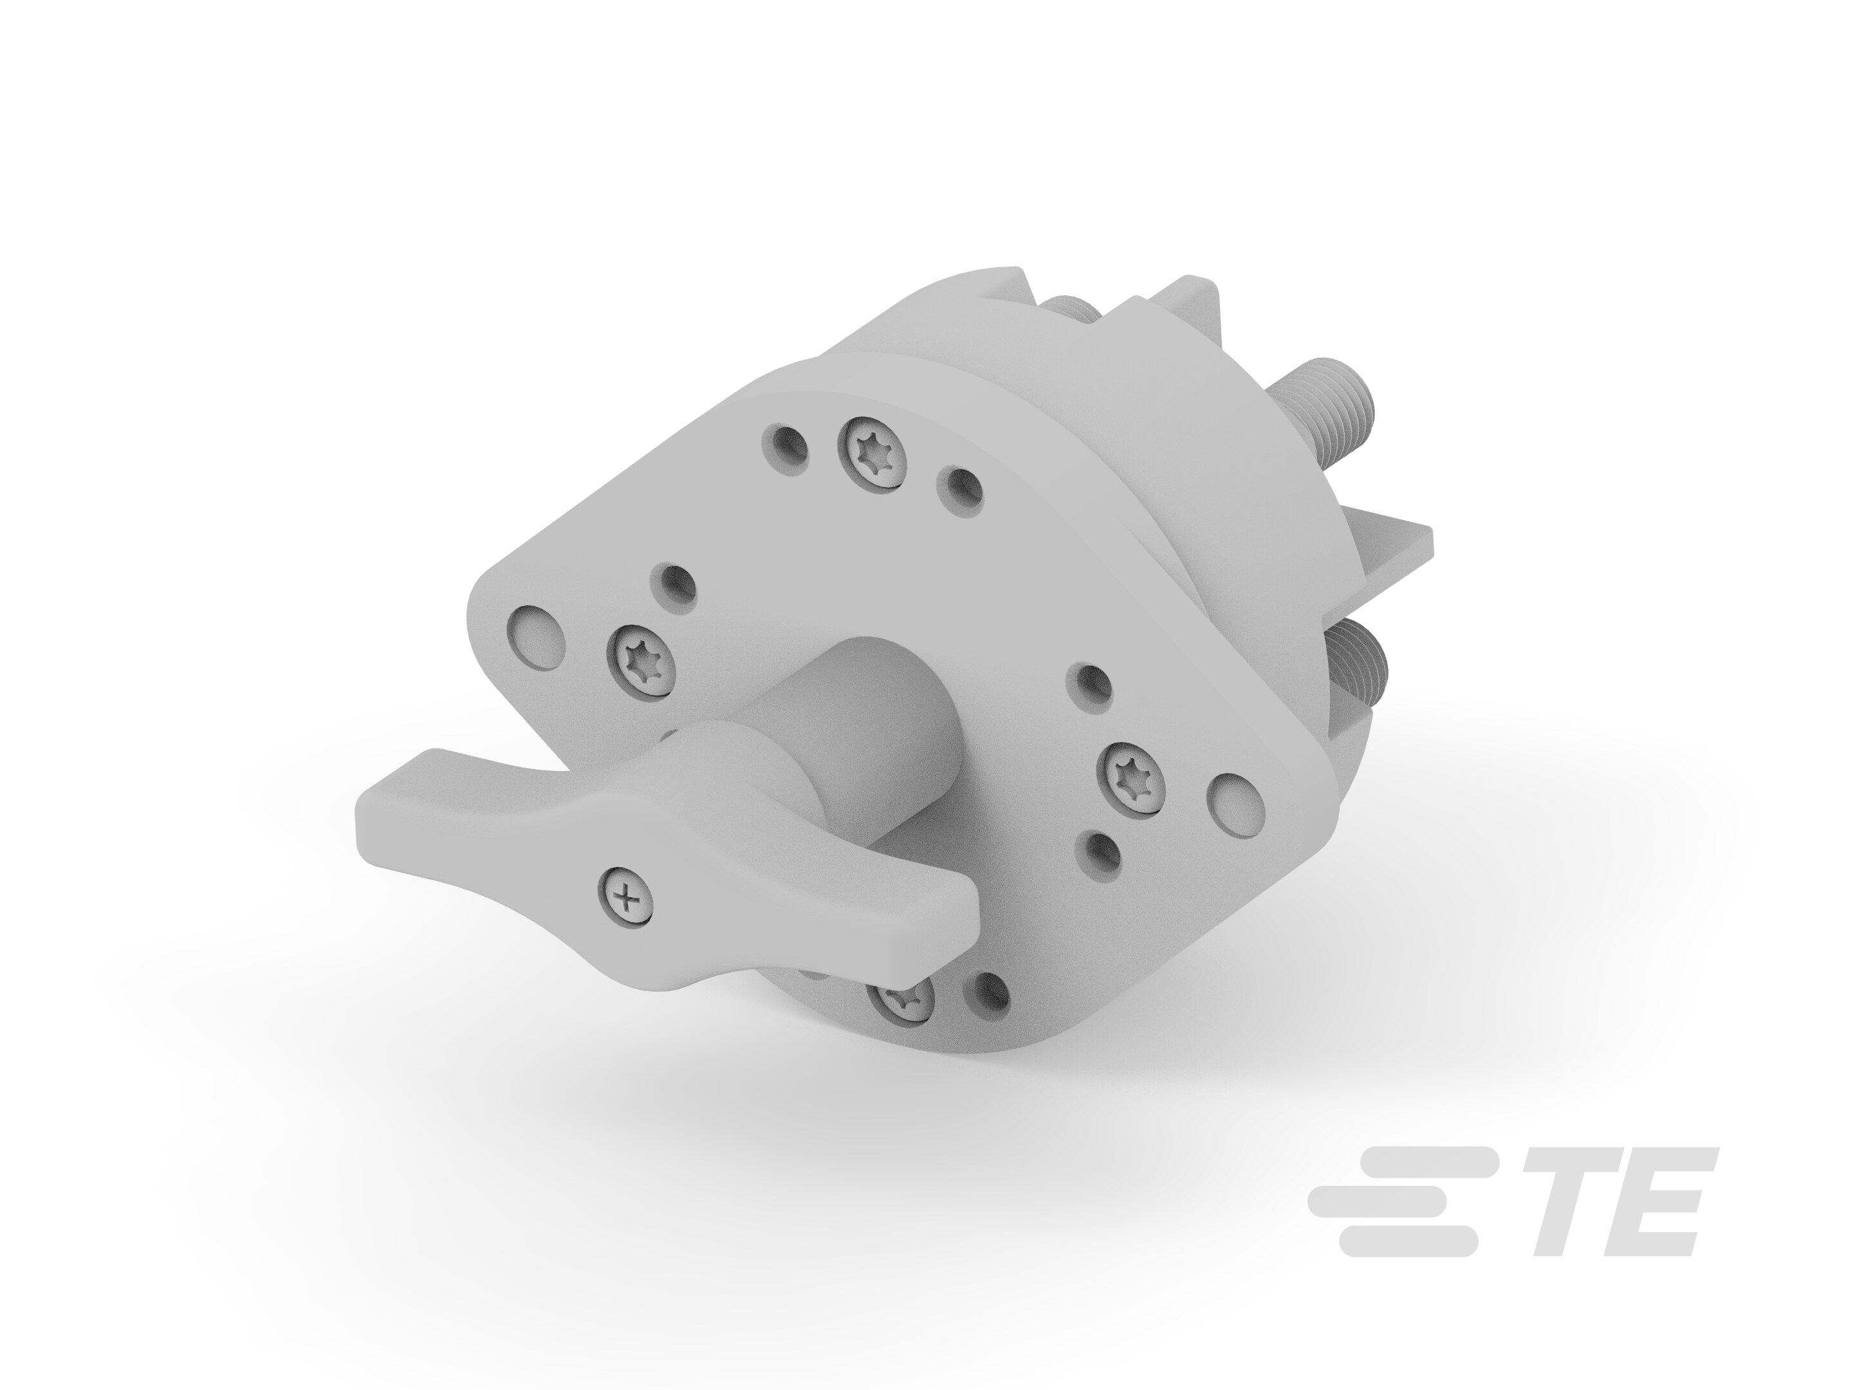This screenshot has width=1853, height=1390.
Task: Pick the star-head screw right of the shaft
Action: pos(1130,777)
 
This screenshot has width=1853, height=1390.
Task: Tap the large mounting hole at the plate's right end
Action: pos(1235,805)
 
